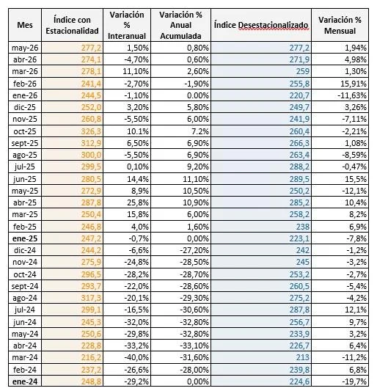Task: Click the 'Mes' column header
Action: click(25, 25)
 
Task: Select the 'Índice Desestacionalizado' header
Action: click(261, 25)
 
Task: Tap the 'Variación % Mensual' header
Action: click(340, 25)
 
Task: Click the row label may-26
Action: click(25, 48)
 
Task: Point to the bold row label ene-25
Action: click(25, 238)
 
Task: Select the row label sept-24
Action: click(25, 286)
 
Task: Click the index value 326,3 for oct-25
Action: click(91, 131)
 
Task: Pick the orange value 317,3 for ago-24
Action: click(91, 298)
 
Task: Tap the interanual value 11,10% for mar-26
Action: click(136, 71)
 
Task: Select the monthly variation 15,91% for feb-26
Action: click(354, 84)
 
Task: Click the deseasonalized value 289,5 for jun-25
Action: click(299, 179)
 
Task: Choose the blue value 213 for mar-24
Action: click(303, 357)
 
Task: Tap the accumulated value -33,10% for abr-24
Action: click(194, 346)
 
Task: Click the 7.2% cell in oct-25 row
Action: click(200, 131)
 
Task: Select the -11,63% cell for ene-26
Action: click(352, 95)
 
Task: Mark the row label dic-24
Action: click(25, 250)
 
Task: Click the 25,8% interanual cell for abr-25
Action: click(138, 202)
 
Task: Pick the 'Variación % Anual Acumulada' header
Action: click(180, 25)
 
